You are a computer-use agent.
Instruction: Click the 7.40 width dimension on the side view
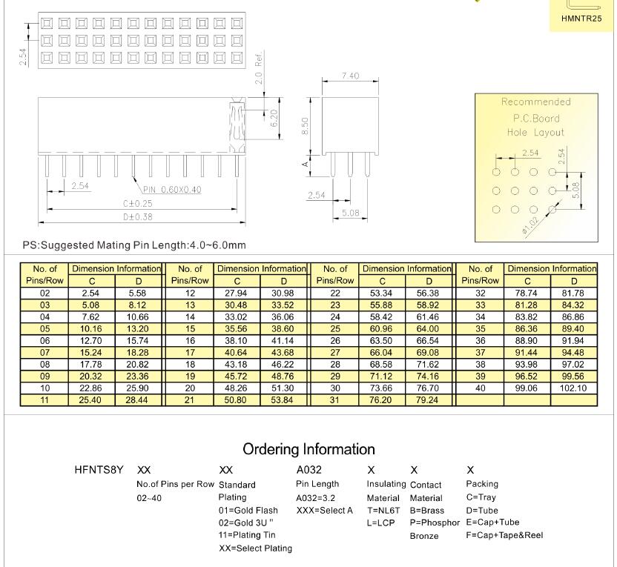(350, 76)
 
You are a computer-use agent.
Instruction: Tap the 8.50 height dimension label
(305, 126)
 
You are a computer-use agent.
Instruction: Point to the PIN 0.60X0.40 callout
(172, 190)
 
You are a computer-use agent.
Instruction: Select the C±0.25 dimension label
(138, 204)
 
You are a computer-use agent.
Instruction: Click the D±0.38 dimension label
(138, 217)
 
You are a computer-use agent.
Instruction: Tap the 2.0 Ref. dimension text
(259, 67)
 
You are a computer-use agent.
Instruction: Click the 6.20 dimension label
(274, 118)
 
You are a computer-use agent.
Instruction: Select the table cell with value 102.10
(573, 388)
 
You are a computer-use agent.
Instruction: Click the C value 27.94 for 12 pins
(236, 294)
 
